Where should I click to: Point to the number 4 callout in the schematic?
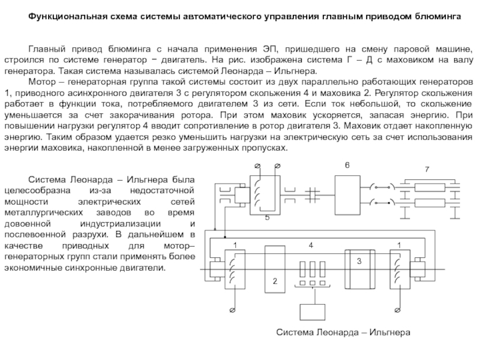click(x=311, y=245)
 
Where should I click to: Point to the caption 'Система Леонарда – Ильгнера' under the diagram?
click(x=342, y=331)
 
